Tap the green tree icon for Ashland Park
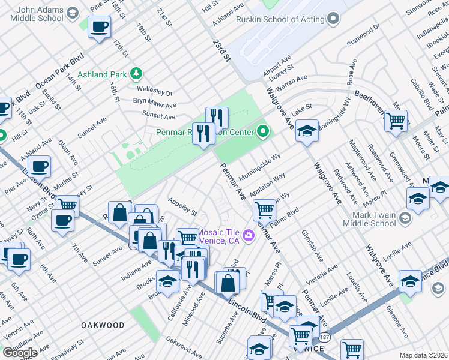(x=137, y=74)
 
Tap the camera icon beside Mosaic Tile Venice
(x=248, y=235)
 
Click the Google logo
(x=20, y=353)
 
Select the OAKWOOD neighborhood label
(x=103, y=325)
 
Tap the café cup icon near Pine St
(x=99, y=26)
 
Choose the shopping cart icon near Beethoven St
(x=396, y=120)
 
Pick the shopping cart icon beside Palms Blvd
(x=264, y=210)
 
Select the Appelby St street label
(x=182, y=208)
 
